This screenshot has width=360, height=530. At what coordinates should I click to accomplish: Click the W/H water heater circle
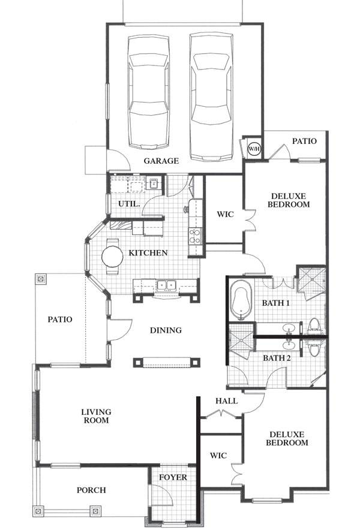[x=254, y=148]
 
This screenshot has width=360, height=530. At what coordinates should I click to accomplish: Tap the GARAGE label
[x=161, y=161]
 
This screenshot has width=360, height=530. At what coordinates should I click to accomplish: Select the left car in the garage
[x=149, y=92]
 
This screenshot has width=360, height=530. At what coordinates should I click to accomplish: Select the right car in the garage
[x=211, y=97]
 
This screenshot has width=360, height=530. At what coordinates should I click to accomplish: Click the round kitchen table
[x=112, y=257]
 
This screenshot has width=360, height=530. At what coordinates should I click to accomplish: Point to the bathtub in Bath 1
[x=242, y=300]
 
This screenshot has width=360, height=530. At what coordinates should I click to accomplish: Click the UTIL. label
[x=129, y=204]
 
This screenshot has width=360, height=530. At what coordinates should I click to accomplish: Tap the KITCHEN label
[x=148, y=253]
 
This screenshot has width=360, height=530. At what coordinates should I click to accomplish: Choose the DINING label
[x=166, y=330]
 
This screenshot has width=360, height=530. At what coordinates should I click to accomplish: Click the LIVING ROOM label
[x=97, y=416]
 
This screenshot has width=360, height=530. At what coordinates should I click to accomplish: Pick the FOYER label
[x=173, y=477]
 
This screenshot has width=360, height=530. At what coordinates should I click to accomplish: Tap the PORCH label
[x=91, y=490]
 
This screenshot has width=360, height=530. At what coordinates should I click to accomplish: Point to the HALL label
[x=226, y=401]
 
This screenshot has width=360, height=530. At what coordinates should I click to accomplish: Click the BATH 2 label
[x=277, y=358]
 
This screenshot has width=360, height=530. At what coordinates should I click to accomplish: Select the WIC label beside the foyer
[x=218, y=456]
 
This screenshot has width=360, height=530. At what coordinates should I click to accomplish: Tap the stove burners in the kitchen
[x=195, y=236]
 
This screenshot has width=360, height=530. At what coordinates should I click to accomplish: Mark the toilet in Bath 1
[x=315, y=326]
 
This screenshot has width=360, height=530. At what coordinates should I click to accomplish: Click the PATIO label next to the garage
[x=304, y=141]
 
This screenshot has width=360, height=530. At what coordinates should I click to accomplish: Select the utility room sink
[x=154, y=183]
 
